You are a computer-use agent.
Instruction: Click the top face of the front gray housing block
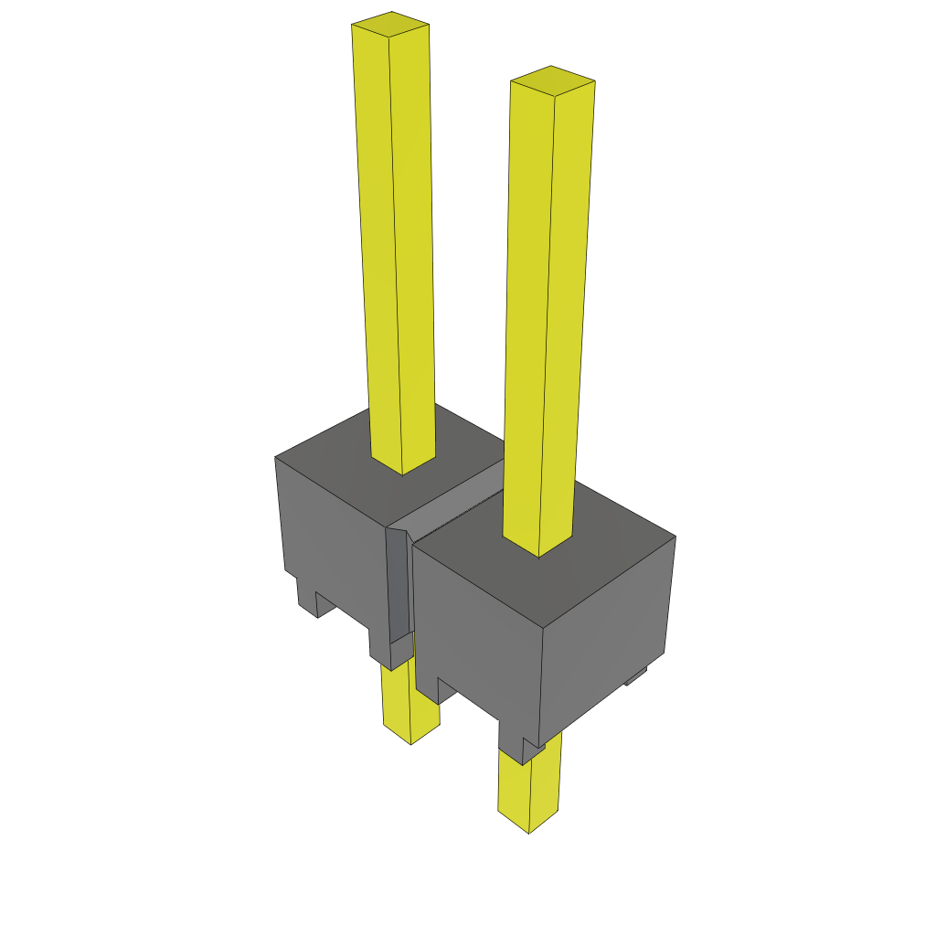[x=594, y=567]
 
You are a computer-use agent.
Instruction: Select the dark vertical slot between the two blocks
[x=398, y=585]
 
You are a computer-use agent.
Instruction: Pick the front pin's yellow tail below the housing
[x=527, y=786]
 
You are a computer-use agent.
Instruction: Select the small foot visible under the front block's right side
[x=636, y=676]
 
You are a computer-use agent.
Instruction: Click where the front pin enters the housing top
[x=538, y=548]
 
